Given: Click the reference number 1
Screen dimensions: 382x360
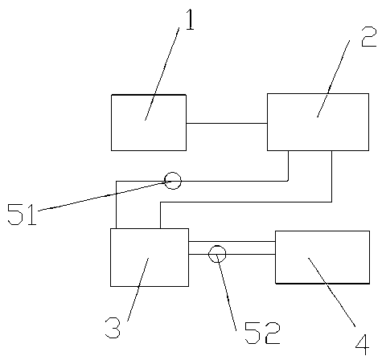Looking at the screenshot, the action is coord(190,19).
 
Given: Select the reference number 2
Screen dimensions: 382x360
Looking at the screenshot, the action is coord(369,37).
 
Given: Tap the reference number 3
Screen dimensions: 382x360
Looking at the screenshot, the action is coord(113,327).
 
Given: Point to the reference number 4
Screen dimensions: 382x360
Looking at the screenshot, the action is coord(363,345).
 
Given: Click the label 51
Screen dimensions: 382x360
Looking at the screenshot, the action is coord(22,215).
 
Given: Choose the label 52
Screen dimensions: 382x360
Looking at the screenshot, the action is coord(263,333).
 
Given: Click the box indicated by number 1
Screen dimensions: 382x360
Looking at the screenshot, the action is coord(149,123).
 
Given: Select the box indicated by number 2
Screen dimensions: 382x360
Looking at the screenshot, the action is coord(318,122).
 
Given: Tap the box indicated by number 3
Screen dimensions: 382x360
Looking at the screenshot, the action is coord(150,257).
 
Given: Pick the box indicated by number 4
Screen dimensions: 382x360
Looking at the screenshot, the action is coord(322,257).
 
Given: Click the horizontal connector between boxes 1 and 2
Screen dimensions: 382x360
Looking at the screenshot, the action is coord(227,124).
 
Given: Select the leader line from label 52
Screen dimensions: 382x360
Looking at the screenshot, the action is coord(227,292).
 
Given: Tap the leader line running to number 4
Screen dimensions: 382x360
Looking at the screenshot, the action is coord(332,292).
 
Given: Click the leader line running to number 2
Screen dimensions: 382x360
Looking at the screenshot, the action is coord(334,79).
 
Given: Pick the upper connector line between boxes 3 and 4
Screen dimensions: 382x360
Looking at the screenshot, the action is coord(232,241).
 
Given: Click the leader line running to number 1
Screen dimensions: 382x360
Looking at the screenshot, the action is coord(162,74).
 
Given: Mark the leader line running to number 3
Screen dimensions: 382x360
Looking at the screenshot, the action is coord(138,289).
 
